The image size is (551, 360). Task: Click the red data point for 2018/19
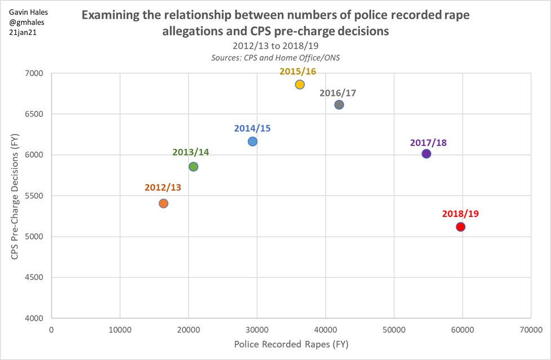point(460,226)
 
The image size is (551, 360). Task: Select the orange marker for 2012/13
point(163,203)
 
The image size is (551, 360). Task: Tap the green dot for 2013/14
point(193,166)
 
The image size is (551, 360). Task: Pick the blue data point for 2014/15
point(252,141)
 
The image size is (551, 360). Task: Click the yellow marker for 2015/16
point(300,85)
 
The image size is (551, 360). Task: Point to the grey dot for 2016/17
point(339,104)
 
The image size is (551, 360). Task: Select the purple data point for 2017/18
point(426,154)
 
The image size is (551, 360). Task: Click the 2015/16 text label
point(299,71)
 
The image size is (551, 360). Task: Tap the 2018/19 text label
point(460,214)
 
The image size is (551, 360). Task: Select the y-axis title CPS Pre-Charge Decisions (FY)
point(17,195)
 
